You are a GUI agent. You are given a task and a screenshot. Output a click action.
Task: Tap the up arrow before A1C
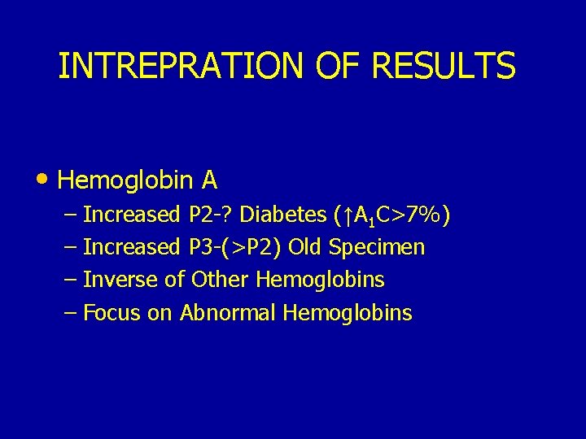(346, 215)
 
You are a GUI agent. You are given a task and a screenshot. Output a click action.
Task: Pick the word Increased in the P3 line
(131, 247)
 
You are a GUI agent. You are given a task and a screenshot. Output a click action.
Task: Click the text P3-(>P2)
(235, 247)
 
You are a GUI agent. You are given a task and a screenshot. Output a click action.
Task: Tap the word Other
(221, 280)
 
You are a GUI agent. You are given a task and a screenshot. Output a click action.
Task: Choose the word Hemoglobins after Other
(320, 280)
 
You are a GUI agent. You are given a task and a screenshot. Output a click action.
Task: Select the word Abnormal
(228, 312)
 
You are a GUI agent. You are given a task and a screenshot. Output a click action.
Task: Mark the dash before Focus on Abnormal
(70, 312)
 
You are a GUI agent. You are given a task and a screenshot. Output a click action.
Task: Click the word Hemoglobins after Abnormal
(348, 312)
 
